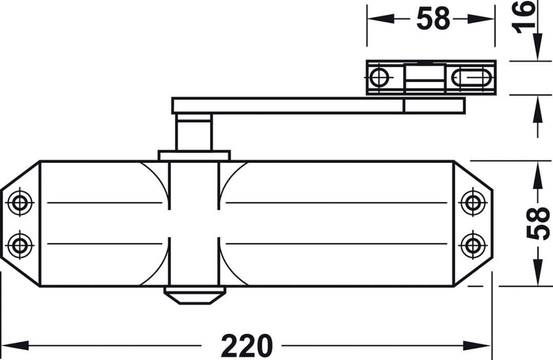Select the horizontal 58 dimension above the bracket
pyautogui.click(x=433, y=19)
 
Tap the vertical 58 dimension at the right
pyautogui.click(x=538, y=223)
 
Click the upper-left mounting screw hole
pyautogui.click(x=20, y=203)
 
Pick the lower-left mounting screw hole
pyautogui.click(x=20, y=245)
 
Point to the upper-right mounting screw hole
pyautogui.click(x=473, y=203)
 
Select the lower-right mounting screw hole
pyautogui.click(x=473, y=245)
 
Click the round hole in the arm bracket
pyautogui.click(x=379, y=77)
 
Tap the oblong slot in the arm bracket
pyautogui.click(x=471, y=77)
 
